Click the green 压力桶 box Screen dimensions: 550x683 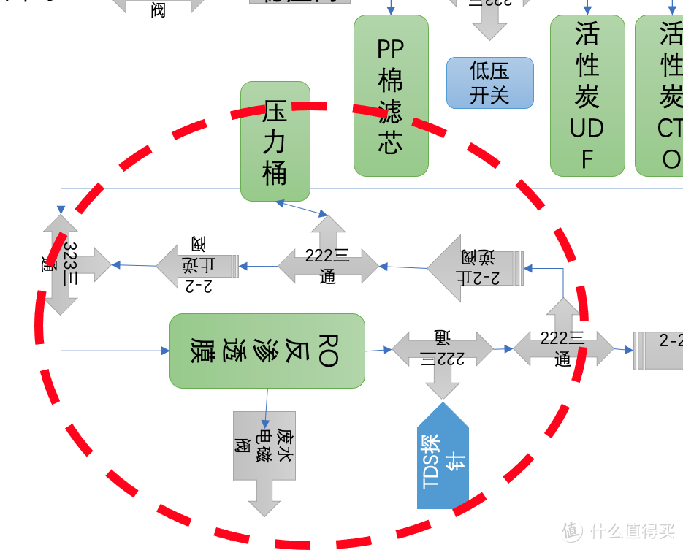pyautogui.click(x=275, y=142)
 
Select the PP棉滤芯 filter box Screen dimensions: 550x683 pyautogui.click(x=391, y=96)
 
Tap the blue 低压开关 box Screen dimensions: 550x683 pyautogui.click(x=490, y=83)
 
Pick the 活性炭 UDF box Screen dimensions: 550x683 pyautogui.click(x=587, y=96)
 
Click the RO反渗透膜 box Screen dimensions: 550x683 pyautogui.click(x=267, y=351)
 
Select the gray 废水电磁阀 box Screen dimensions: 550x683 pyautogui.click(x=264, y=446)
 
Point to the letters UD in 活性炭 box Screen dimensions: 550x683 pyautogui.click(x=587, y=129)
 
